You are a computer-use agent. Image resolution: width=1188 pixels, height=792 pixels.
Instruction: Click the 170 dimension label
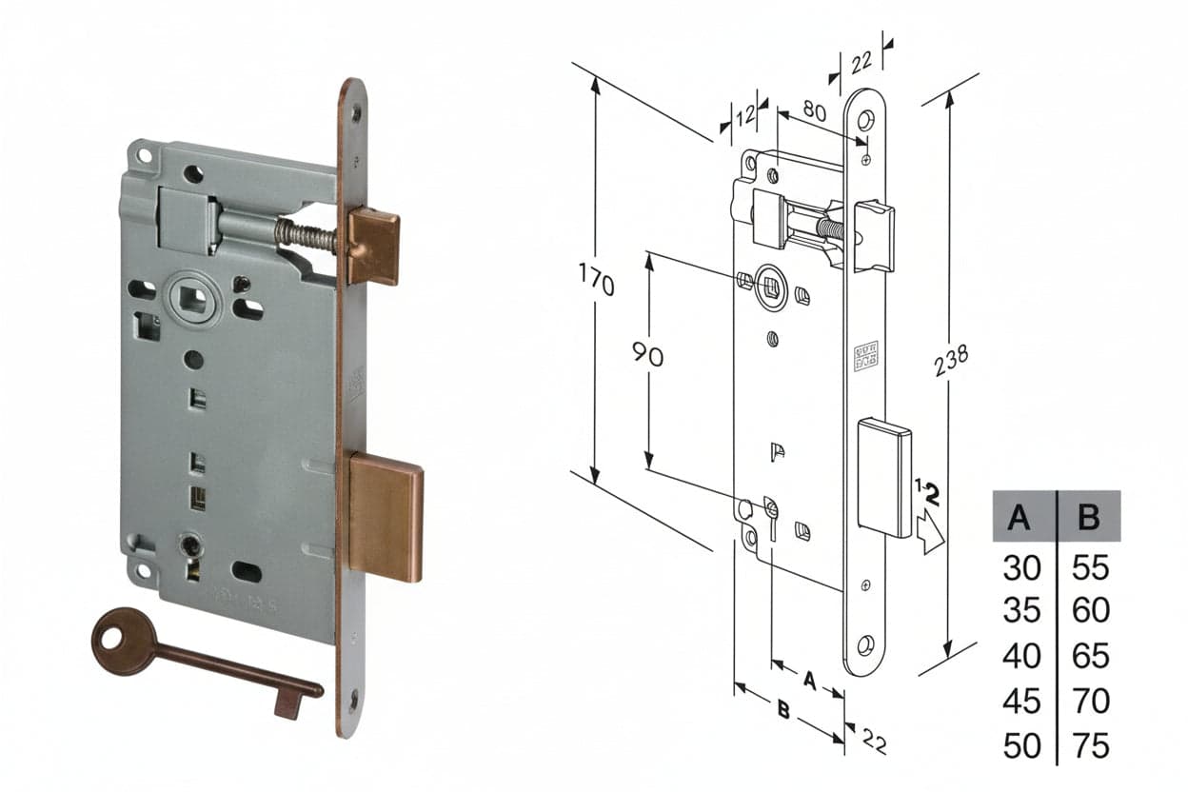596,280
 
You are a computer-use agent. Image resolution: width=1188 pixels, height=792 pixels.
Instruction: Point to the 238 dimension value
951,360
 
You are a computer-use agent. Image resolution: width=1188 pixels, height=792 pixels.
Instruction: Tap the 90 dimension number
647,354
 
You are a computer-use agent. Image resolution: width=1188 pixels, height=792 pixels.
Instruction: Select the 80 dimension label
815,110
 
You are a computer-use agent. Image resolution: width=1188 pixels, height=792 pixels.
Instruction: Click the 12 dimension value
745,114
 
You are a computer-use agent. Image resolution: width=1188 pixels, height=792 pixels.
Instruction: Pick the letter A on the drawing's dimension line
809,680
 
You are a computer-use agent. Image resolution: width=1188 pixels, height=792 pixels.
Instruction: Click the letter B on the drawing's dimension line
783,709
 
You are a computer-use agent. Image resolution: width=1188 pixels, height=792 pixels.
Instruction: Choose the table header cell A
1019,516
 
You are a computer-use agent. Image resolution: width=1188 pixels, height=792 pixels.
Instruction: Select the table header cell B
1089,516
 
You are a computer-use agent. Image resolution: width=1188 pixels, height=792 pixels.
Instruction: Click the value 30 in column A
1022,567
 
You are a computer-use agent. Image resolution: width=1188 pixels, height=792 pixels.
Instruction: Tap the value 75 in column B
1090,745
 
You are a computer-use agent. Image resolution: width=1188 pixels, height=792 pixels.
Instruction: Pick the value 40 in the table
1022,656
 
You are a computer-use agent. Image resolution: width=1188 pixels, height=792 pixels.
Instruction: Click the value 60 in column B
1090,610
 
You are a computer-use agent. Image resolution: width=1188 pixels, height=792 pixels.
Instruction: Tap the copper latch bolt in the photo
373,247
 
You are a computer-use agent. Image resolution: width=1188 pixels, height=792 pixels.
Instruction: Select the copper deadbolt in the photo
385,516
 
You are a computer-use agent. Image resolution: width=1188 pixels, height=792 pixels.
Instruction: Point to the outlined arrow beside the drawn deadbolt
930,531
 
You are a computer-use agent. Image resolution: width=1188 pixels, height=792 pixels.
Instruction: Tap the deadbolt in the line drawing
884,478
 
